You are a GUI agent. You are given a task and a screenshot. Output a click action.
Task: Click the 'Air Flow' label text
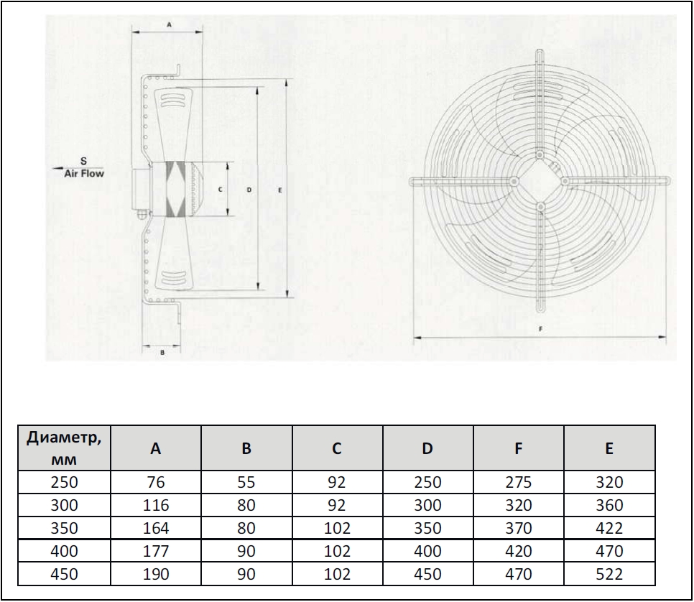[84, 174]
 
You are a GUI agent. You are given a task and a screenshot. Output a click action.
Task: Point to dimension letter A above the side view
[169, 25]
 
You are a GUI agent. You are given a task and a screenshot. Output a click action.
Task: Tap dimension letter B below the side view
[162, 353]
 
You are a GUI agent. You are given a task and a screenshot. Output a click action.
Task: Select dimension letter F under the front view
[540, 329]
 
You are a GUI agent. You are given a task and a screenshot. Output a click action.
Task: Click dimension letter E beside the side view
[279, 190]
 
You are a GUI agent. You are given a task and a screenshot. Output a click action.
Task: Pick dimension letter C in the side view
[220, 190]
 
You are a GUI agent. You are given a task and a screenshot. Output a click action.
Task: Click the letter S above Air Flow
[83, 161]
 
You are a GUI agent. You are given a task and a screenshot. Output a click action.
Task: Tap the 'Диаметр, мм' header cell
[64, 448]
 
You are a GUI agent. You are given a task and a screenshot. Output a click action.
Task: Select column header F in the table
[518, 448]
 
